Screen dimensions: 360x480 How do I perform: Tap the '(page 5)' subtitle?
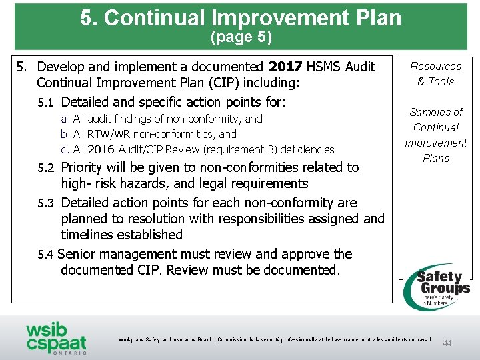click(x=241, y=37)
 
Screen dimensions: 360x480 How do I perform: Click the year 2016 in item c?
click(x=101, y=149)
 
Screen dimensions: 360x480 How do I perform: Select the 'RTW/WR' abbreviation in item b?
click(x=107, y=134)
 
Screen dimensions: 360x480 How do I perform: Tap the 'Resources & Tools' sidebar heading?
click(x=436, y=74)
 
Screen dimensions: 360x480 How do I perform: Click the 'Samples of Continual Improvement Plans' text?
click(x=436, y=135)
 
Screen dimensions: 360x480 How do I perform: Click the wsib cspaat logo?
click(x=56, y=337)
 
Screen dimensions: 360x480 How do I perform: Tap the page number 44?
click(x=447, y=343)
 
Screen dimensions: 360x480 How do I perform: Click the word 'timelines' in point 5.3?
click(x=88, y=235)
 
